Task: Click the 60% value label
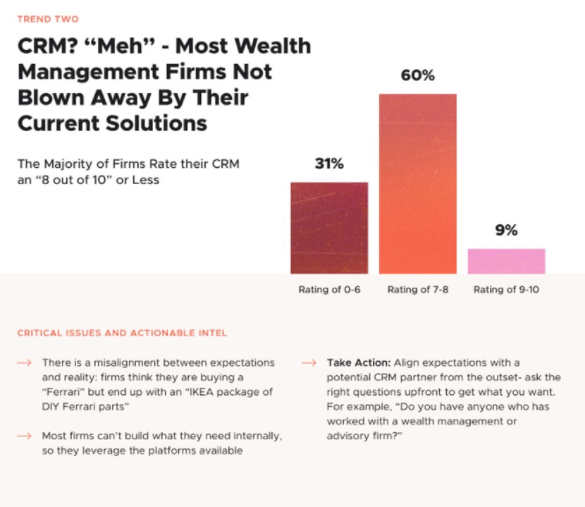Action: pyautogui.click(x=418, y=75)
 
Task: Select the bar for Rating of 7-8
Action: pyautogui.click(x=418, y=183)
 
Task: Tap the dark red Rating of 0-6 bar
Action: pyautogui.click(x=329, y=228)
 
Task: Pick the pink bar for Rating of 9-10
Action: pyautogui.click(x=506, y=261)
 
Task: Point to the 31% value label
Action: pyautogui.click(x=329, y=164)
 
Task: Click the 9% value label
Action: pyautogui.click(x=506, y=230)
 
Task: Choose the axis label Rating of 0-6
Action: pyautogui.click(x=329, y=290)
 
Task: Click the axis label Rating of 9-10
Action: pyautogui.click(x=506, y=290)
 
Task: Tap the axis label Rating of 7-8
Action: pyautogui.click(x=418, y=290)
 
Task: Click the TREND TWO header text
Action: pyautogui.click(x=48, y=19)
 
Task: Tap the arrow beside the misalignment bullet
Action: pyautogui.click(x=24, y=363)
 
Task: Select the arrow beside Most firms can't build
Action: pyautogui.click(x=24, y=436)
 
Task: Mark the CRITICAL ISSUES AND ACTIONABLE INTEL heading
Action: pyautogui.click(x=122, y=333)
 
